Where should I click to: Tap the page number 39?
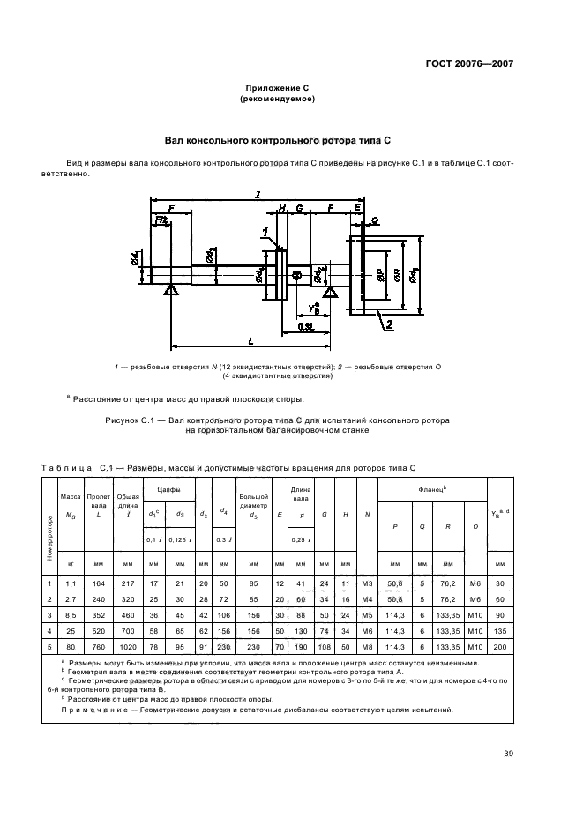pos(508,753)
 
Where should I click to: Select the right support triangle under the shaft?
pos(330,292)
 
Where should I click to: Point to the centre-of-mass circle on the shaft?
pos(297,276)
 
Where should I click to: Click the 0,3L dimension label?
pos(306,326)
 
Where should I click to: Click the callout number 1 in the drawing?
pos(264,232)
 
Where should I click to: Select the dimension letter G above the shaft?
pos(300,209)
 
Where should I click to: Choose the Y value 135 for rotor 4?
pos(500,633)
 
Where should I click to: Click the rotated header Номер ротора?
pos(49,539)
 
